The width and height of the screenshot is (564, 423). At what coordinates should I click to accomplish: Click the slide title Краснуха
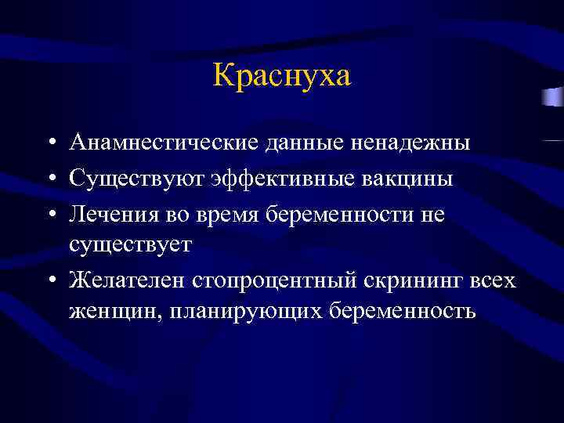tap(282, 76)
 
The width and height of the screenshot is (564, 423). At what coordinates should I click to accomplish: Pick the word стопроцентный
tap(264, 280)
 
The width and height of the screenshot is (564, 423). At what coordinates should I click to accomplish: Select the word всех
tap(490, 280)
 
